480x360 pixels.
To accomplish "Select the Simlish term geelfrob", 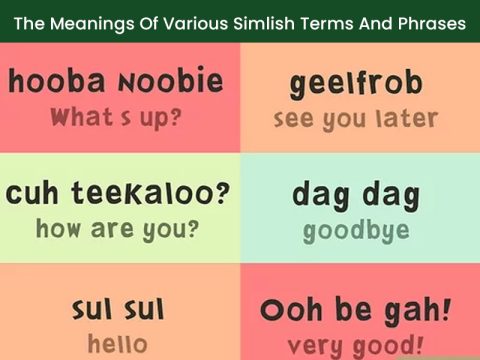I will [356, 85].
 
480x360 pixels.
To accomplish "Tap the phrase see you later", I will [356, 119].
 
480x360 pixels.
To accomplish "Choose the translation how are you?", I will [117, 229].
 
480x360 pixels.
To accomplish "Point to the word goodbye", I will [356, 231].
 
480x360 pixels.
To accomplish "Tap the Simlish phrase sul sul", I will [118, 309].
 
